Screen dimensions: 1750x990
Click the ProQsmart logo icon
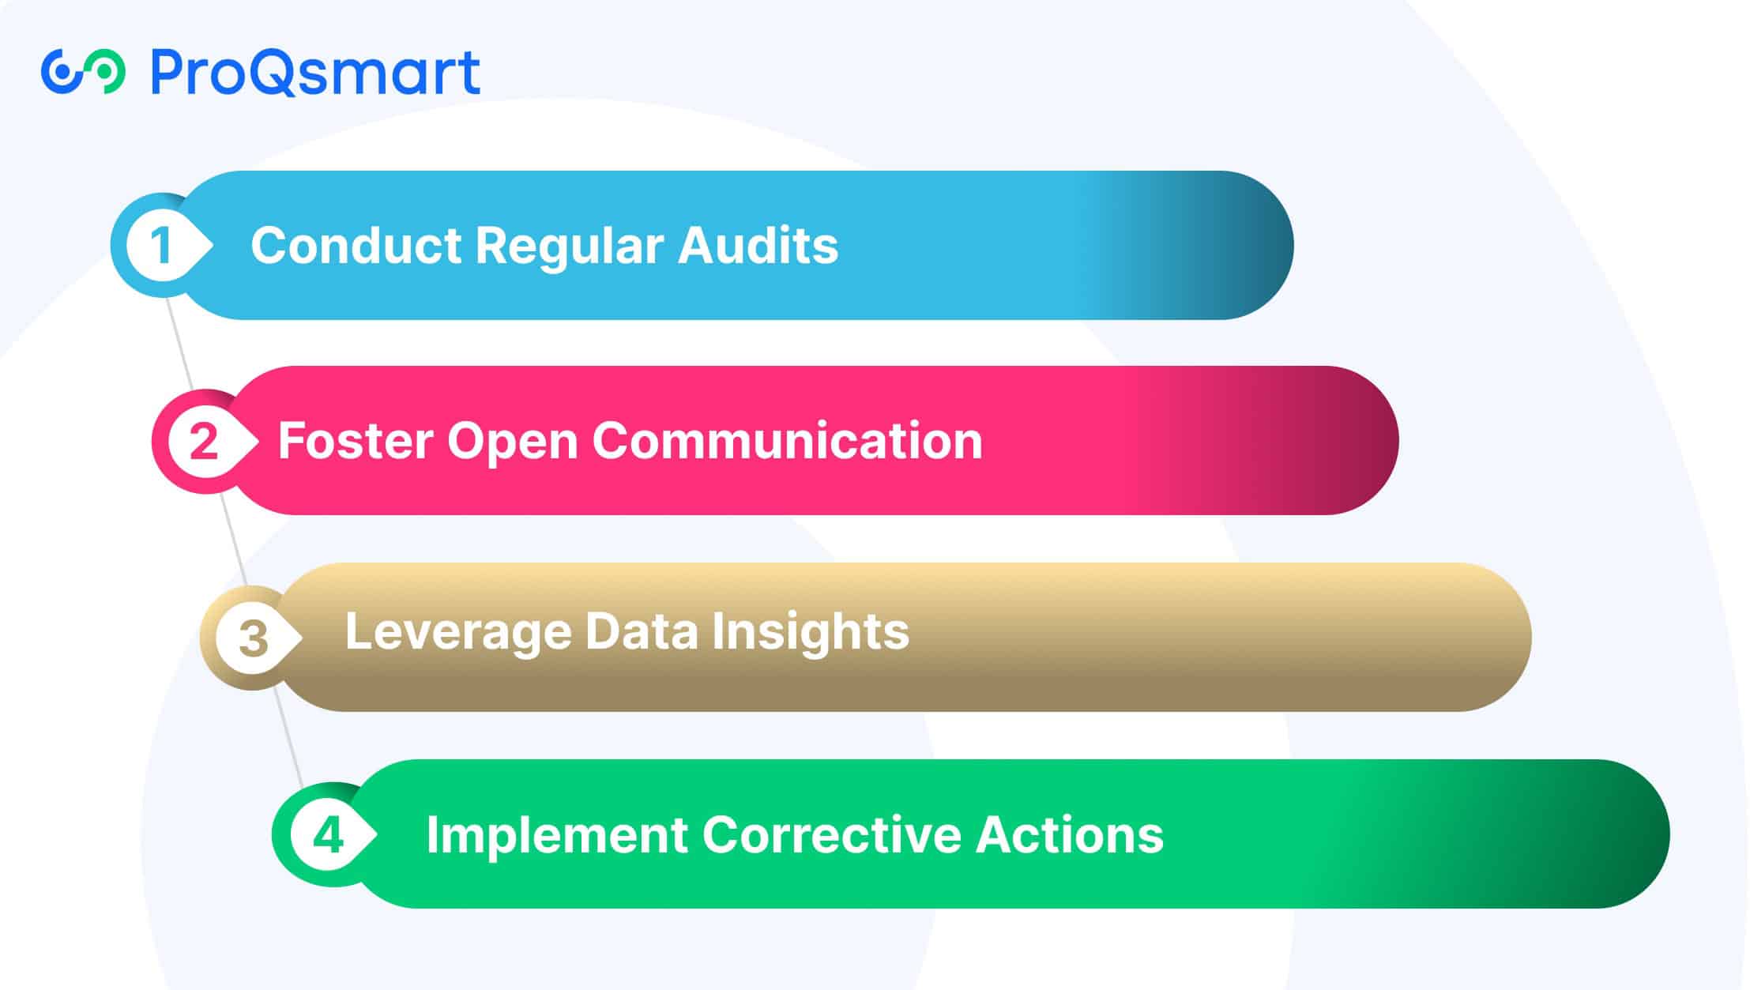click(83, 72)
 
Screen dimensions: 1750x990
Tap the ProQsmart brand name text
click(315, 72)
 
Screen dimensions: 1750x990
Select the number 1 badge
click(162, 245)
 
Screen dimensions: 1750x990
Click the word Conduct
click(356, 245)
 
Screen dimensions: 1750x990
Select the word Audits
click(758, 245)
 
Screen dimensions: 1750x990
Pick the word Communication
click(788, 441)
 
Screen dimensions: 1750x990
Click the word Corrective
click(832, 834)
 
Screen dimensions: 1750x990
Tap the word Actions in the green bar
click(1070, 834)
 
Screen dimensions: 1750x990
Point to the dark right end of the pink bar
click(1343, 441)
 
